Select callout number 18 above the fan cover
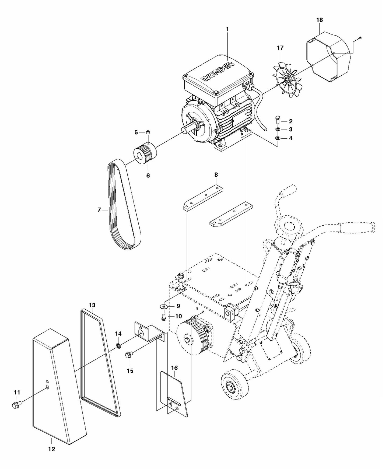click(x=320, y=20)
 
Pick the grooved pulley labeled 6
click(x=145, y=155)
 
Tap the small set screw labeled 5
click(x=148, y=132)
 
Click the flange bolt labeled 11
click(x=16, y=405)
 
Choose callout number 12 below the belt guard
click(x=51, y=449)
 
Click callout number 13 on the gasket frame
click(x=92, y=305)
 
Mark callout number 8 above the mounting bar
click(x=216, y=174)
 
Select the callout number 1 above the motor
click(x=227, y=29)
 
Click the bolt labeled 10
click(x=163, y=317)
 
